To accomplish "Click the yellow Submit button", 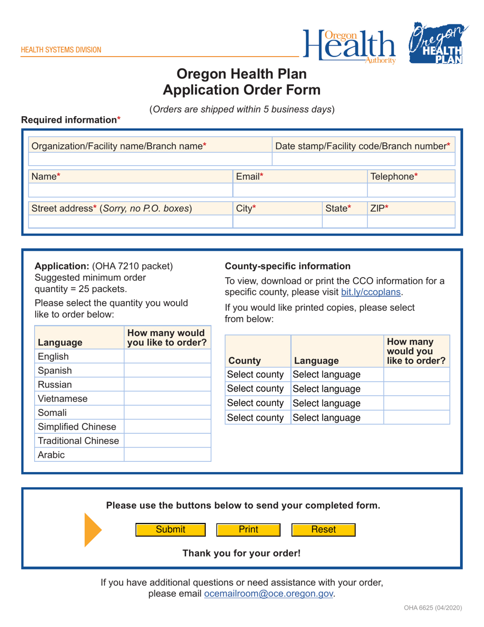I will tap(170, 530).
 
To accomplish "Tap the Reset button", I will tap(323, 530).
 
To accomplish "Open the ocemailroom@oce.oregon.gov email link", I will tap(268, 594).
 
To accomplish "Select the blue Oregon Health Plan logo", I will tap(436, 44).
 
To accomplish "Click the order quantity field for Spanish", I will tap(168, 371).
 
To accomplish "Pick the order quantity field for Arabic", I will tap(168, 455).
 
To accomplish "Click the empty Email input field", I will tap(300, 191).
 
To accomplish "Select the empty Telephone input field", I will tap(410, 191).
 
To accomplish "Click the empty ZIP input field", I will tap(410, 222).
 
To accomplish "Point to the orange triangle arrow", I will tap(92, 530).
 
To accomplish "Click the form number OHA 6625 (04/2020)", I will tap(433, 608).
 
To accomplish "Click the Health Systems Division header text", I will tap(61, 50).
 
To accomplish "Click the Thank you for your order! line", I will tap(241, 553).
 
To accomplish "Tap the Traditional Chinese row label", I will tap(78, 440).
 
